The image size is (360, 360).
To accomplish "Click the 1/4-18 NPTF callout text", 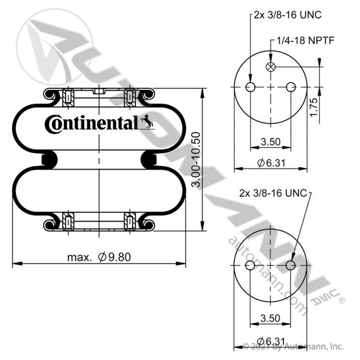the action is coord(305,40).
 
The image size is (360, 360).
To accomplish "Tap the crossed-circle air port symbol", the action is coord(271,67).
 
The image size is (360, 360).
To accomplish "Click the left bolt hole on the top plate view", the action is coord(250,87).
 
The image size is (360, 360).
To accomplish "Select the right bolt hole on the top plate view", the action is coord(291,87).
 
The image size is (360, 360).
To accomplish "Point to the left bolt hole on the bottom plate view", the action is coord(250,265).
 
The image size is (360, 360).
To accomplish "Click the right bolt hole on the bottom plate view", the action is coord(291,265).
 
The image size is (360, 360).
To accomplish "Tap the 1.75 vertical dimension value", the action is coord(314,107).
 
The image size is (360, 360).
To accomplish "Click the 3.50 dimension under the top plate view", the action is coord(271,142).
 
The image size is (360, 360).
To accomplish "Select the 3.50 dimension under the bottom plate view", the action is coord(271,318).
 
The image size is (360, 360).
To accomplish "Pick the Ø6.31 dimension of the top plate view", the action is coord(271,163).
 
